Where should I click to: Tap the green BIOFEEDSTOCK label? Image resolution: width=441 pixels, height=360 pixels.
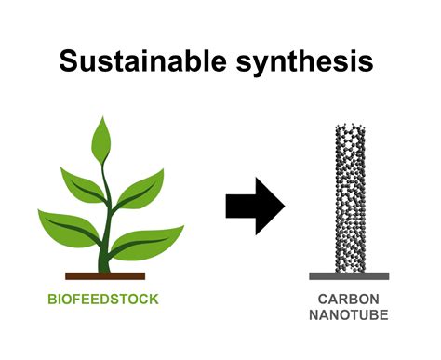104,300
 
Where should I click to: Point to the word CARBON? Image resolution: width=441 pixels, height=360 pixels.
350,300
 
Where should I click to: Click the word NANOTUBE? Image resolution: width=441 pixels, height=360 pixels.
350,316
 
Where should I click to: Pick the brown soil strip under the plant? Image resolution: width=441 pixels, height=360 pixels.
105,276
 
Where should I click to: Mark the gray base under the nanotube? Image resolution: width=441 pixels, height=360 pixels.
350,276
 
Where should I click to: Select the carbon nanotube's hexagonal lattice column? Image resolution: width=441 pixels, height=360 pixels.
350,205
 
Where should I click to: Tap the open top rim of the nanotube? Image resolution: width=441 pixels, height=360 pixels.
350,128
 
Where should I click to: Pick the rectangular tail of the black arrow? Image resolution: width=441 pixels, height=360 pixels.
239,205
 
